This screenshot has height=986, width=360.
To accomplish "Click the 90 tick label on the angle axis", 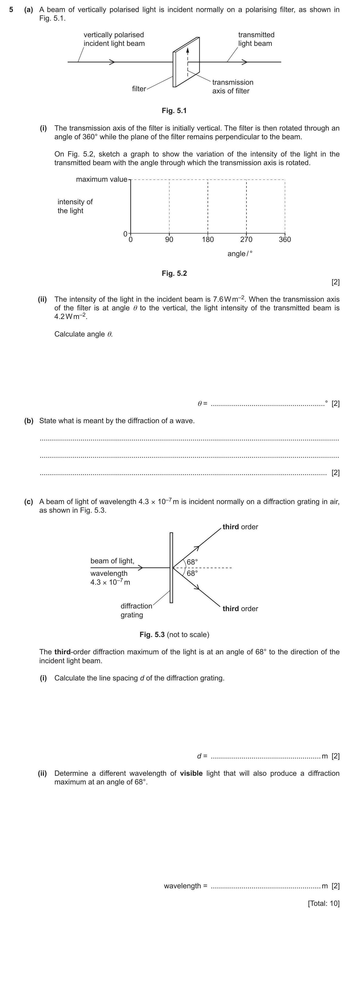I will click(x=169, y=240).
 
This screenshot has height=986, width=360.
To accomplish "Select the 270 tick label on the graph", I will click(x=246, y=240).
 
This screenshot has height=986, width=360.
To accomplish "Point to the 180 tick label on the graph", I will click(x=208, y=240).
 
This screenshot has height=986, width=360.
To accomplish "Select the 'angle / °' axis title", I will click(x=240, y=254).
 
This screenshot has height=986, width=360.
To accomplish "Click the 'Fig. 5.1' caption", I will click(x=174, y=111).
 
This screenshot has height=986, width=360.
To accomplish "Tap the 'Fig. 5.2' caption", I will click(x=174, y=273).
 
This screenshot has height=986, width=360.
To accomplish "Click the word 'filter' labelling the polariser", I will click(x=139, y=89).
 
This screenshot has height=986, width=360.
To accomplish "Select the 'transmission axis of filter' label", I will click(x=233, y=86).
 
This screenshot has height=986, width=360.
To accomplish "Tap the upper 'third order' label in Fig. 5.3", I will click(x=240, y=527).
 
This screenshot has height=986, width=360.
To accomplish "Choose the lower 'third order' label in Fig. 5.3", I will click(x=240, y=609).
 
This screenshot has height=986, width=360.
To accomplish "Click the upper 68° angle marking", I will click(x=192, y=562).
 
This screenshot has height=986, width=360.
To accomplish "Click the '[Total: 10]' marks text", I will click(x=323, y=903).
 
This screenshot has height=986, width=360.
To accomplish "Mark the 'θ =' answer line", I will click(x=268, y=403).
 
